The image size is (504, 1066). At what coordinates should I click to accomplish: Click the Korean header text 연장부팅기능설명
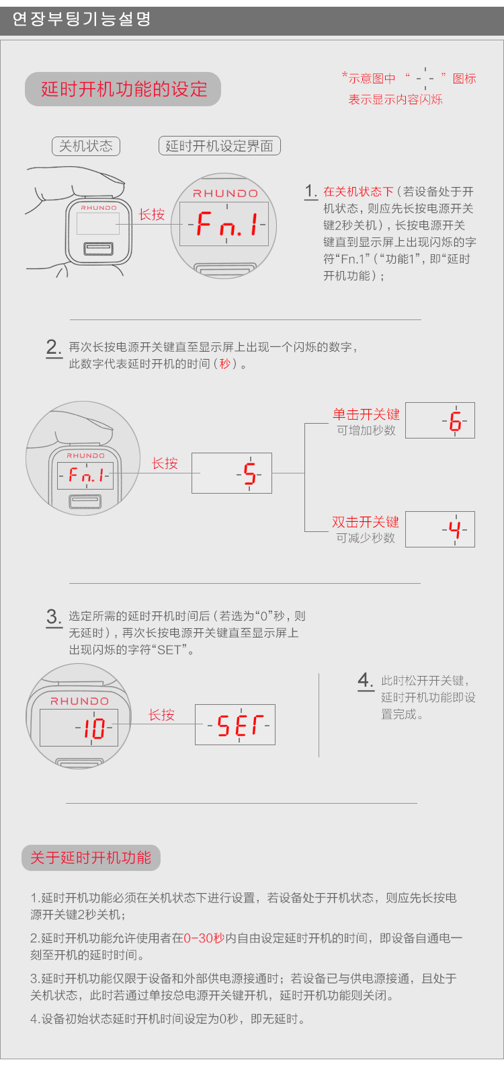click(81, 19)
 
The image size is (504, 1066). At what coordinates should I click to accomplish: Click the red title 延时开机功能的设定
click(124, 89)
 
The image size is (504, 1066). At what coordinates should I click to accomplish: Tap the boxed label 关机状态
click(85, 146)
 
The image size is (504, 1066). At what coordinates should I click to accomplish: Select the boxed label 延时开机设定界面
click(219, 146)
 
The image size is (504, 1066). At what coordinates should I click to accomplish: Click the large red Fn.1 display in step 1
click(227, 224)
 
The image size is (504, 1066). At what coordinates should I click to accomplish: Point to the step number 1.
click(310, 191)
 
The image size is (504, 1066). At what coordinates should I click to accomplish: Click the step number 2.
click(53, 347)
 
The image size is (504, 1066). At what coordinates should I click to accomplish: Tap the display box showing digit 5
click(232, 473)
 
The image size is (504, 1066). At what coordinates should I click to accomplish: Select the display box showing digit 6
click(439, 421)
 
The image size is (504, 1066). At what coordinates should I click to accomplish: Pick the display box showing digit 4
click(439, 529)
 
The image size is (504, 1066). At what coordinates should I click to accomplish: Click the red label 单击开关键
click(366, 414)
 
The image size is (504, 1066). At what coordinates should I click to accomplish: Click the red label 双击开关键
click(365, 522)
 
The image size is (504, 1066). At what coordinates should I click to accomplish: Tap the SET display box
click(235, 725)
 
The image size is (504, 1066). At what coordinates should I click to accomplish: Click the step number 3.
click(54, 617)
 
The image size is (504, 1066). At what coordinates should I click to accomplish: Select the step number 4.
click(366, 680)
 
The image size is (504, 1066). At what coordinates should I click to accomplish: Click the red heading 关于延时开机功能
click(90, 858)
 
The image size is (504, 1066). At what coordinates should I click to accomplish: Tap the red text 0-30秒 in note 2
click(204, 938)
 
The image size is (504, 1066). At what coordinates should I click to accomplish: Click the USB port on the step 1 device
click(98, 249)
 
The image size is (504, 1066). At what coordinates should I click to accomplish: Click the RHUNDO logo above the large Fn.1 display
click(225, 193)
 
